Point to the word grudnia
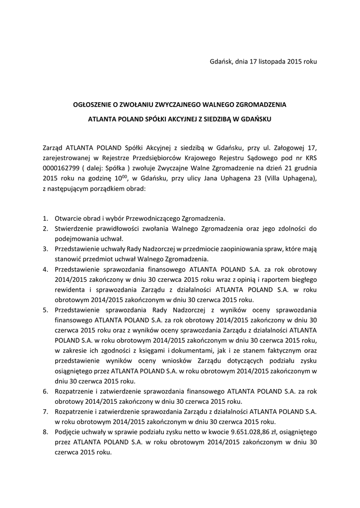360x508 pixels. click(x=303, y=168)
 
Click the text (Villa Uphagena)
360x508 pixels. click(x=291, y=178)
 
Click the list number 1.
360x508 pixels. click(x=45, y=218)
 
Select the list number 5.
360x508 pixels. click(x=45, y=309)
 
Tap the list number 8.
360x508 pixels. click(x=45, y=432)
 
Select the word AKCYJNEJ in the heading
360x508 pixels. click(x=170, y=119)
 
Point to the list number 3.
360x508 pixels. click(x=45, y=249)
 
